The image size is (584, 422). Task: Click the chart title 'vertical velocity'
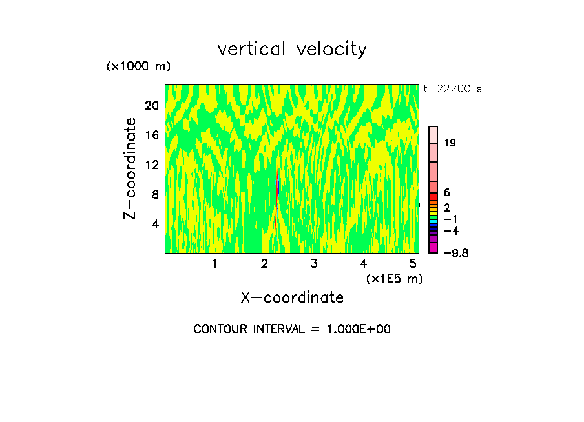pyautogui.click(x=292, y=49)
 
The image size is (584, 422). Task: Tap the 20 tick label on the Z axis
pyautogui.click(x=151, y=105)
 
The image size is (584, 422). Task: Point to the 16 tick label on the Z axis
pyautogui.click(x=151, y=135)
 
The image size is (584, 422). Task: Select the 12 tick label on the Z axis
pyautogui.click(x=151, y=165)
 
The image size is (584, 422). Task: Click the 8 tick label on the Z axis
pyautogui.click(x=155, y=194)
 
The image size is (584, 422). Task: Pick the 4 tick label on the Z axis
pyautogui.click(x=155, y=224)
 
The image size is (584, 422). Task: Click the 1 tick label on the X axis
pyautogui.click(x=214, y=264)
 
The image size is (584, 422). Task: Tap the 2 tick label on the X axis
pyautogui.click(x=264, y=264)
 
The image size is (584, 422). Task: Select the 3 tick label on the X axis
pyautogui.click(x=313, y=264)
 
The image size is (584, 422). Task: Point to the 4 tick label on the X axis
pyautogui.click(x=363, y=264)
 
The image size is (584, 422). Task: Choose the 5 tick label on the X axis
pyautogui.click(x=413, y=264)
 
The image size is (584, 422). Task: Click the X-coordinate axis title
pyautogui.click(x=292, y=297)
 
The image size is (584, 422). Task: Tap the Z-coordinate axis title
pyautogui.click(x=130, y=168)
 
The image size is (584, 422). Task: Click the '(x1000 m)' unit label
pyautogui.click(x=138, y=67)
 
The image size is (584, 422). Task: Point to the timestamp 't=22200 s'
pyautogui.click(x=453, y=89)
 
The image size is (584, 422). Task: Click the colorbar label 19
pyautogui.click(x=450, y=143)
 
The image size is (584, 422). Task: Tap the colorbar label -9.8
pyautogui.click(x=455, y=253)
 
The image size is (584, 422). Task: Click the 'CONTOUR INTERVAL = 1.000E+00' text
pyautogui.click(x=292, y=329)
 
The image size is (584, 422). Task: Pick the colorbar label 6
pyautogui.click(x=447, y=193)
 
